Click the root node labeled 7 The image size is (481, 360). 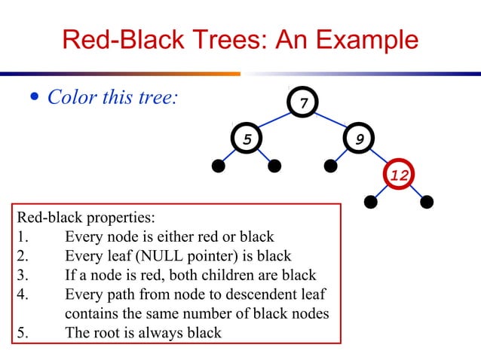coord(303,102)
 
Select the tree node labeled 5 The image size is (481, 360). coord(247,139)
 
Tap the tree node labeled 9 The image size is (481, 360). coord(360,139)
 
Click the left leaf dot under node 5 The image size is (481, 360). coord(219,165)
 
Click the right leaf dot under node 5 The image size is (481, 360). coord(274,165)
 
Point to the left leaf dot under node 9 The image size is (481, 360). coord(331,165)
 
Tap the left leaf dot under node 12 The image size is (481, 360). coord(370,202)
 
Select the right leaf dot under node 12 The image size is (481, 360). coord(427,202)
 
